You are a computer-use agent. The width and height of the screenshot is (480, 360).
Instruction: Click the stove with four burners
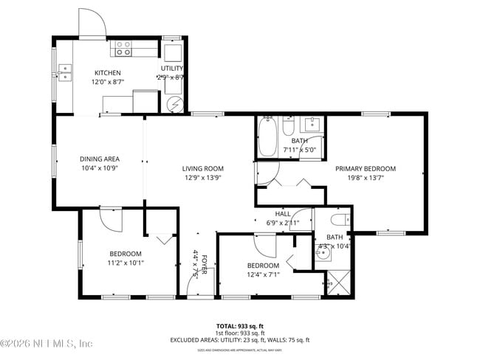[x=123, y=49]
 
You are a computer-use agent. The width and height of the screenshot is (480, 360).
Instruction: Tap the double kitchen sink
[x=65, y=72]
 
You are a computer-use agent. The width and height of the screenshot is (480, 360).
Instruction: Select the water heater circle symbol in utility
[x=174, y=105]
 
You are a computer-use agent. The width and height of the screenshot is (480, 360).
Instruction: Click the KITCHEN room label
[x=107, y=72]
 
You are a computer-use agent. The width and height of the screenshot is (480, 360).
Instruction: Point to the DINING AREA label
[x=100, y=159]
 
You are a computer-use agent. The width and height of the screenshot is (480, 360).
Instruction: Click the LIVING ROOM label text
[x=203, y=168]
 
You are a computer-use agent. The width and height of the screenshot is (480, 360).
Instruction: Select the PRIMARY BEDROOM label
[x=366, y=168]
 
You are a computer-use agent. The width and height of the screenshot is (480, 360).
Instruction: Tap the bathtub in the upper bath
[x=267, y=138]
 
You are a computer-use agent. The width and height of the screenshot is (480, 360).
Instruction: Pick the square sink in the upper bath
[x=312, y=122]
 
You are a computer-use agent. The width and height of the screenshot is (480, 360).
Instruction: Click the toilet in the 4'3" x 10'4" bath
[x=340, y=220]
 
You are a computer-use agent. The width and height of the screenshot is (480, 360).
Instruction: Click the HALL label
[x=283, y=213]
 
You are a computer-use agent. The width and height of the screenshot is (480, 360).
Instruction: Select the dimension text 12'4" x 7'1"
[x=262, y=275]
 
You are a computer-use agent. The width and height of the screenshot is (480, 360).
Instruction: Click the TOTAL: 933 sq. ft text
[x=240, y=325]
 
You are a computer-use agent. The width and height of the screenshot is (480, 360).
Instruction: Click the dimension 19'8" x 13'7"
[x=366, y=178]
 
